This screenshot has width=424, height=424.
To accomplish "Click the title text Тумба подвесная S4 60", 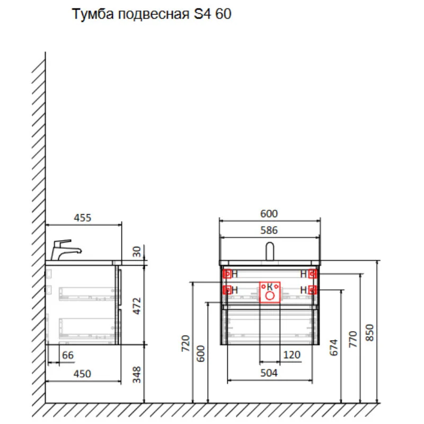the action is [x=152, y=14].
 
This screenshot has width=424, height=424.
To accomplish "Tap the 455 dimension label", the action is [x=83, y=218].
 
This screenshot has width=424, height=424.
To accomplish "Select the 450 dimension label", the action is [x=82, y=374].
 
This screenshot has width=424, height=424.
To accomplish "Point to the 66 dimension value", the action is [x=68, y=355].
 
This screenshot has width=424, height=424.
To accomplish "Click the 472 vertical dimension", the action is [x=137, y=306].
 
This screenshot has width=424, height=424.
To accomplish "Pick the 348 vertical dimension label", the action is [x=137, y=375].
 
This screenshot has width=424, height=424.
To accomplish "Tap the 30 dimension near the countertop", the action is [x=137, y=251].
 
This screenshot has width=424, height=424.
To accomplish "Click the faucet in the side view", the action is [x=66, y=250].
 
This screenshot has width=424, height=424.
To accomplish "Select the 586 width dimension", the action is [x=269, y=230].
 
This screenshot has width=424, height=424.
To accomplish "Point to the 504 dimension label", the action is [x=269, y=373].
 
